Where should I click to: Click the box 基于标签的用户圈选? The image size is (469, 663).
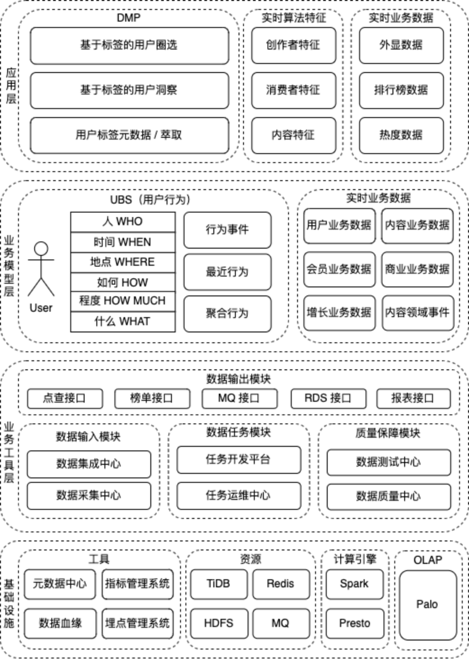(x=129, y=45)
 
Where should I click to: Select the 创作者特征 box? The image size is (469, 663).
(x=293, y=45)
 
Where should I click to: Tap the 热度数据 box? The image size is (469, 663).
(x=401, y=135)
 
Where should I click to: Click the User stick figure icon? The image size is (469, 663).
(x=41, y=269)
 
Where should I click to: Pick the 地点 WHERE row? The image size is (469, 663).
(x=123, y=262)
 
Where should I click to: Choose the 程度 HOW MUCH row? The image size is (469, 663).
(x=123, y=301)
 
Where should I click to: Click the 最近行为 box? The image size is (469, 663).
(x=227, y=272)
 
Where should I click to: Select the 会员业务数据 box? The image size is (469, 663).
(x=339, y=269)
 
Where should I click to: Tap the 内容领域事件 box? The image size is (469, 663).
(x=417, y=312)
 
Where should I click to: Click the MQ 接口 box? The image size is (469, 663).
(x=239, y=398)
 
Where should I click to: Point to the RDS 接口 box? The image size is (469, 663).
(x=328, y=398)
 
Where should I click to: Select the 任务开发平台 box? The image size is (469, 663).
(x=238, y=460)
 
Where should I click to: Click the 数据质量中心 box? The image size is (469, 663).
(x=388, y=496)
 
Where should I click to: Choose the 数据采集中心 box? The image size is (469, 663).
(x=89, y=495)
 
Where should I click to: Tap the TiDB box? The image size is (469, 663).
(x=218, y=583)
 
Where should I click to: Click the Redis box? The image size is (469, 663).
(x=281, y=583)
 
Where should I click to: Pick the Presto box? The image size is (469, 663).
(x=355, y=623)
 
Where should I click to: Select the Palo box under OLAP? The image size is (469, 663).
(x=427, y=605)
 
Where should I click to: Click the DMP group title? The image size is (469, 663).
(x=129, y=18)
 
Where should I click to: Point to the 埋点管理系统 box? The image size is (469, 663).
(x=137, y=623)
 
